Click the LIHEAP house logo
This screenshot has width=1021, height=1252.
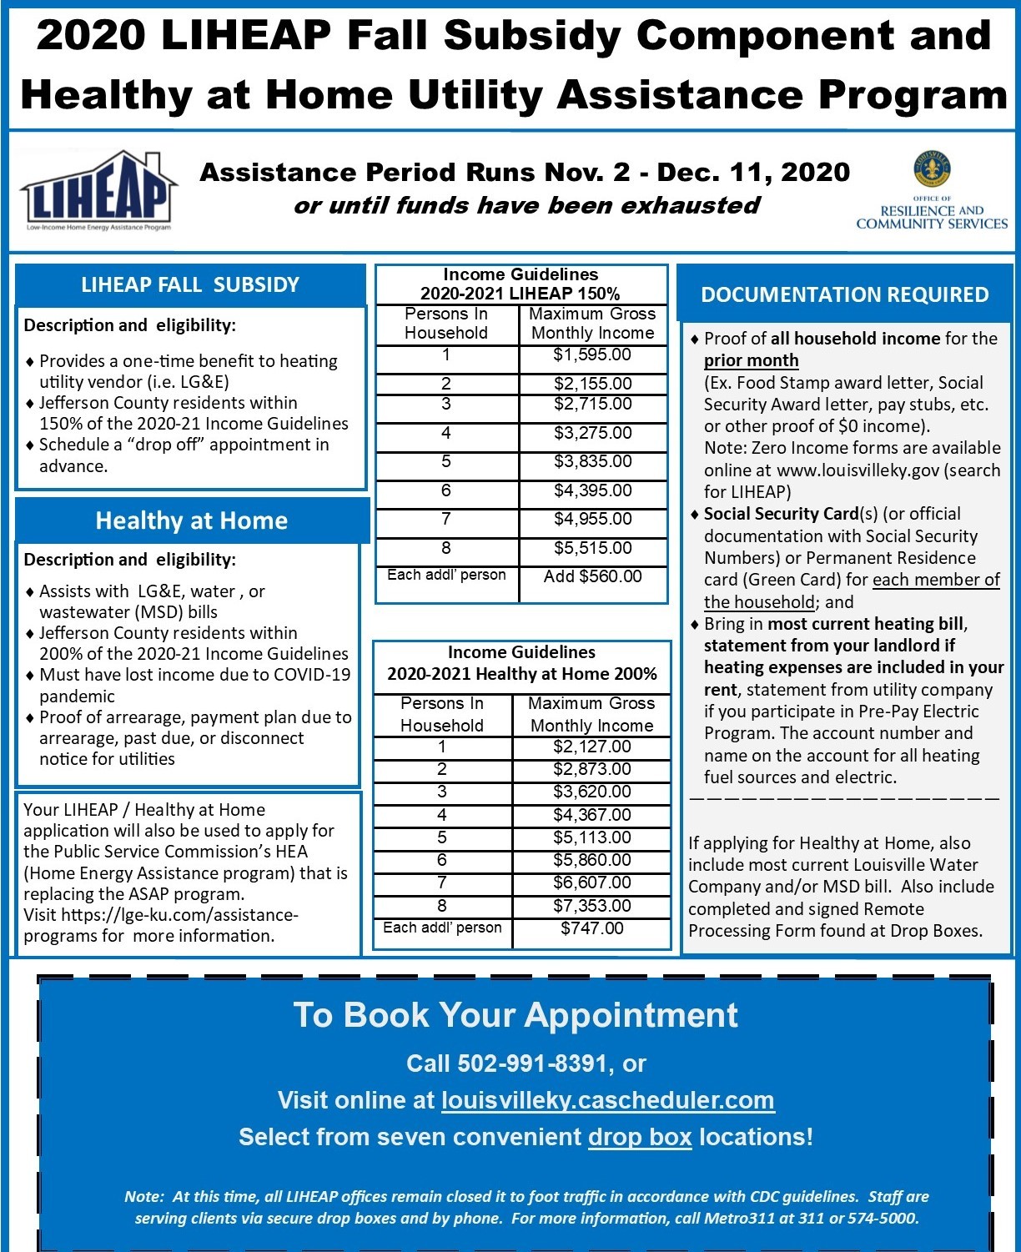point(98,192)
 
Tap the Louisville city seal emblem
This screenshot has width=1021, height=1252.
point(932,169)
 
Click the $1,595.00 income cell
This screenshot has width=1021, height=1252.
point(592,355)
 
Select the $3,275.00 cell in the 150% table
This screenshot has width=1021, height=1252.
point(592,433)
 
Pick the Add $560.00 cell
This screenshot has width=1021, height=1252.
point(592,576)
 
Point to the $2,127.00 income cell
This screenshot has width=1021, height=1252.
point(591,747)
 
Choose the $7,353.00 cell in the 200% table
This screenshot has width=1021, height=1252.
point(591,906)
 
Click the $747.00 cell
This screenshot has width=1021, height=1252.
point(591,928)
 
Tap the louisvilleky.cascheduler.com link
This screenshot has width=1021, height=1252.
point(607,1100)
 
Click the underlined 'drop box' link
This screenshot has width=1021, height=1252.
point(640,1137)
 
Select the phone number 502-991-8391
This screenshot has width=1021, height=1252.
point(531,1063)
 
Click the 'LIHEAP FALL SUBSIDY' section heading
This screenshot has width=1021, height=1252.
point(190,285)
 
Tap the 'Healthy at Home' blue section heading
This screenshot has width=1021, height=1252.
point(191,521)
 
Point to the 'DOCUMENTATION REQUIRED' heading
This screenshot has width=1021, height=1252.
point(844,295)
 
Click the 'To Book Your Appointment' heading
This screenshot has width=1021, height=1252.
point(516,1015)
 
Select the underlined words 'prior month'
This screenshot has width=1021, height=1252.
point(751,360)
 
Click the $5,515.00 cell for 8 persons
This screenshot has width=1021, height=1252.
point(592,548)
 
